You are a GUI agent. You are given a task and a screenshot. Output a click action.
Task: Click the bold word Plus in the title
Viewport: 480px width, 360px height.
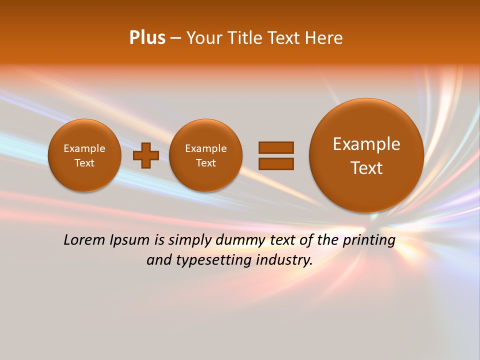tap(147, 38)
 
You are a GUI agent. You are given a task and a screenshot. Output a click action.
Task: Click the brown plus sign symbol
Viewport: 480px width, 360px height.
tap(146, 155)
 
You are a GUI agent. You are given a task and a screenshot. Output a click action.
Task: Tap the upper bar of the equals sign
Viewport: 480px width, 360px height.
tap(276, 147)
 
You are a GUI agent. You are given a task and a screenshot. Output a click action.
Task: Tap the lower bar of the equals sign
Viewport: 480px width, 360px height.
tap(276, 163)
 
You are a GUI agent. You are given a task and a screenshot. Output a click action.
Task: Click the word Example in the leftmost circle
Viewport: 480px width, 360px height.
tap(84, 148)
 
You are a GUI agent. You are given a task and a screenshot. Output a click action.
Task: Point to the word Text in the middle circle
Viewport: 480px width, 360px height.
tap(206, 163)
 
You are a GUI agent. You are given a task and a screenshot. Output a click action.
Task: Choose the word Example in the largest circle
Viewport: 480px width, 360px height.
tap(366, 144)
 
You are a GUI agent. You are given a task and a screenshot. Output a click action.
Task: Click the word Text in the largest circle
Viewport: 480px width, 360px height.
tap(366, 168)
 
